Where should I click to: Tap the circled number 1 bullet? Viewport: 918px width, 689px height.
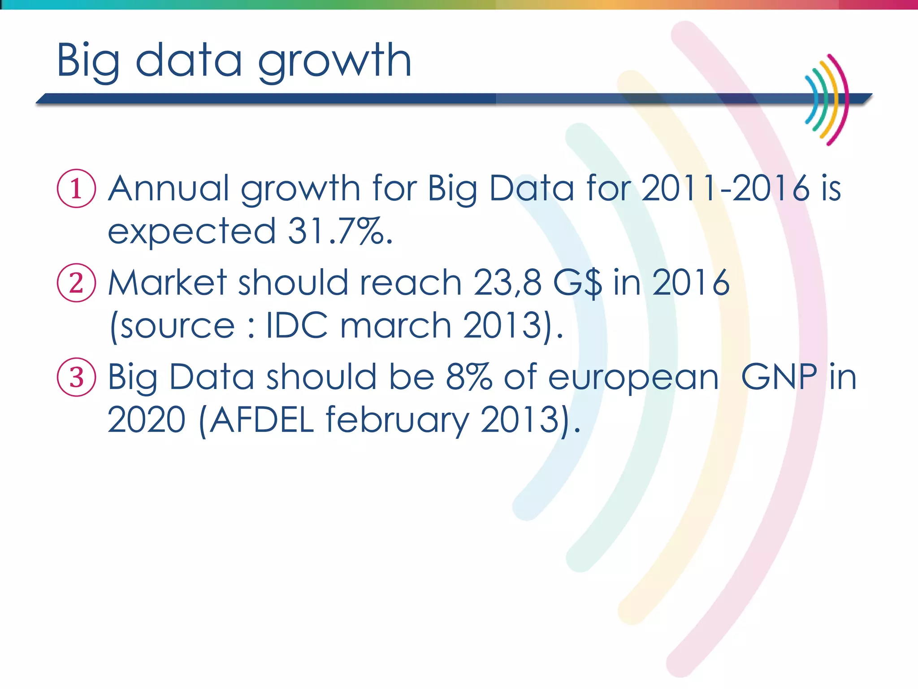(76, 188)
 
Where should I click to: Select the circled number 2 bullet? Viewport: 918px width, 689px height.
(76, 283)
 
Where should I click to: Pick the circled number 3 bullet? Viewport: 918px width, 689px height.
(76, 377)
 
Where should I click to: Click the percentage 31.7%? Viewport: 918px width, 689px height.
(340, 231)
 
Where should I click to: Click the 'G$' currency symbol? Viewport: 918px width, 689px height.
(577, 283)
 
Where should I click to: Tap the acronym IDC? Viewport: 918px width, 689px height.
(297, 325)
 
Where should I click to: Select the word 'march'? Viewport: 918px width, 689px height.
(395, 325)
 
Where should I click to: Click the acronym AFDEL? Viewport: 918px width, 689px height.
(261, 420)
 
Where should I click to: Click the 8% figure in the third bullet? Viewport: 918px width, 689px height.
(469, 377)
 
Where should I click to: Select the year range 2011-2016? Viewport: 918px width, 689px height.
(725, 188)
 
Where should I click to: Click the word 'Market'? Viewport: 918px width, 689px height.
(168, 283)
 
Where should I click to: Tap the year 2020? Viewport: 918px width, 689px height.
(147, 420)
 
